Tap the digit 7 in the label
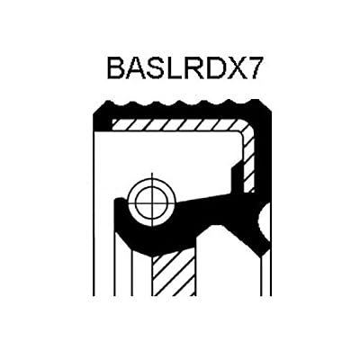250,68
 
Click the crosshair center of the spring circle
152,200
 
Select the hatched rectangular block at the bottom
174,273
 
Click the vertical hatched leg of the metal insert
249,162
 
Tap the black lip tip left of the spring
119,201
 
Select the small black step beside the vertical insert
236,178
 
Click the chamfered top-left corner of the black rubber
98,109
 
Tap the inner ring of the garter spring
152,189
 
